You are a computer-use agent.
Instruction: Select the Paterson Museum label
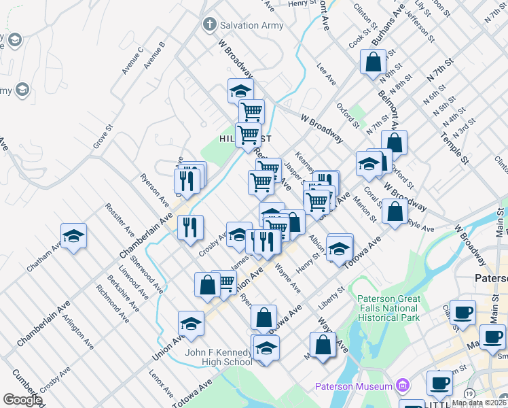pyautogui.click(x=354, y=387)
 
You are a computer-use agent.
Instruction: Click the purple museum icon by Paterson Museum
pyautogui.click(x=401, y=386)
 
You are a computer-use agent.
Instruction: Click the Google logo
pyautogui.click(x=22, y=400)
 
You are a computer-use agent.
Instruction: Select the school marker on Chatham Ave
pyautogui.click(x=74, y=237)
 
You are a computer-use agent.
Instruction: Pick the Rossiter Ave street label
pyautogui.click(x=120, y=218)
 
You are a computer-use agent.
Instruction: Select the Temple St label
pyautogui.click(x=454, y=148)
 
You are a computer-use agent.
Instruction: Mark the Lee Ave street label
pyautogui.click(x=327, y=75)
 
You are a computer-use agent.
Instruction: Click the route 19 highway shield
pyautogui.click(x=470, y=393)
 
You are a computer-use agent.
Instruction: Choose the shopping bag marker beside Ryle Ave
pyautogui.click(x=395, y=212)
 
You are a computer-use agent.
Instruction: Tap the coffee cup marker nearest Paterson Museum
pyautogui.click(x=439, y=384)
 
